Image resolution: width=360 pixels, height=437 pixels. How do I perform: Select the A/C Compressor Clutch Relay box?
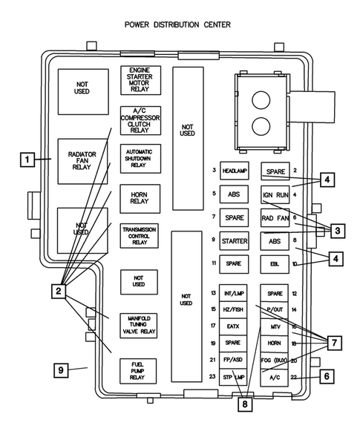pyautogui.click(x=140, y=120)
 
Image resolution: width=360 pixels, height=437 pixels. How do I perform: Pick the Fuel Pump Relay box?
pyautogui.click(x=140, y=371)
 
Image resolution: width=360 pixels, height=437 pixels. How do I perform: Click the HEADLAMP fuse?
pyautogui.click(x=233, y=171)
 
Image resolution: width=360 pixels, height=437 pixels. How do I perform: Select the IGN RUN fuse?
pyautogui.click(x=274, y=195)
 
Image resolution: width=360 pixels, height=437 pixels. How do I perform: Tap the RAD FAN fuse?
pyautogui.click(x=274, y=218)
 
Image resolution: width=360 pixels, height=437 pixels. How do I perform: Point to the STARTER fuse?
pyautogui.click(x=233, y=241)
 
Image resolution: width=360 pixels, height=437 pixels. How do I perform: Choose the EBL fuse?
pyautogui.click(x=274, y=263)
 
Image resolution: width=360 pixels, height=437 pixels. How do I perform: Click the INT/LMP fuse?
pyautogui.click(x=233, y=294)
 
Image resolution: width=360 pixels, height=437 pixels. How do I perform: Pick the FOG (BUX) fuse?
pyautogui.click(x=274, y=361)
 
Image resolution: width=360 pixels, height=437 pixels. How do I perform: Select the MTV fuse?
pyautogui.click(x=274, y=327)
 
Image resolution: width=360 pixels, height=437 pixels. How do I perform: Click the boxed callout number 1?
pyautogui.click(x=27, y=159)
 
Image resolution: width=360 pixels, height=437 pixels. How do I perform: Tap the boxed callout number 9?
pyautogui.click(x=63, y=369)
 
